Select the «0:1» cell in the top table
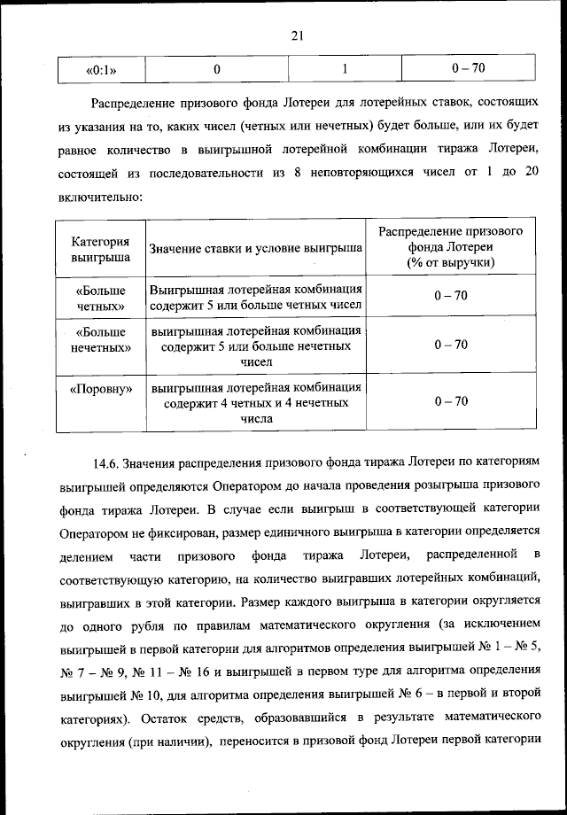(102, 68)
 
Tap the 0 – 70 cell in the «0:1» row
(468, 68)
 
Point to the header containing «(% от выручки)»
(451, 263)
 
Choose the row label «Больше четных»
(101, 298)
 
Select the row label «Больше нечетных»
(101, 341)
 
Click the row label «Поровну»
(101, 388)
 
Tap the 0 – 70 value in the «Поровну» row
(451, 401)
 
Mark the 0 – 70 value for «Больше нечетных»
(451, 345)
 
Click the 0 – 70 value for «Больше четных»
(451, 296)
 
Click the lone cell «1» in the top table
(343, 68)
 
